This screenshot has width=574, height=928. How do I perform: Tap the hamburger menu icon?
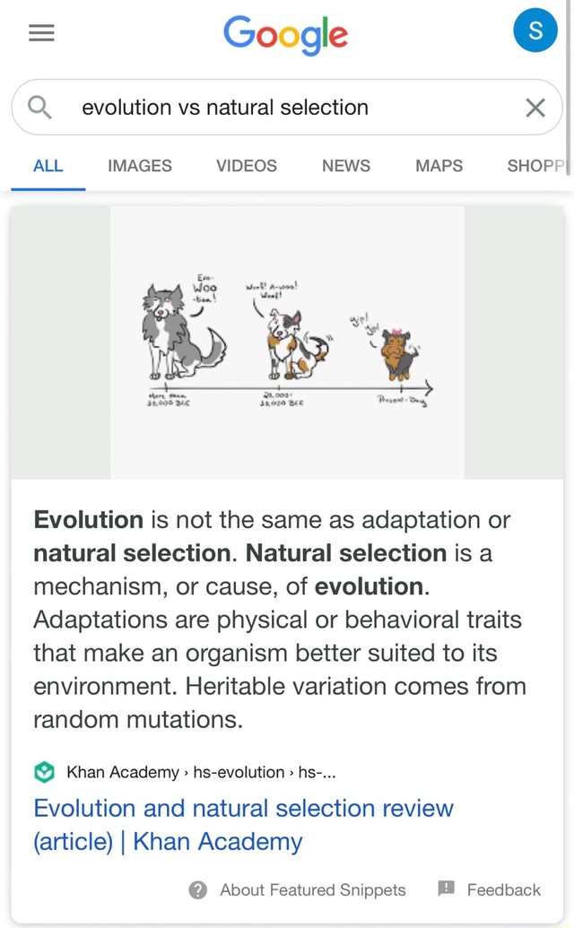pos(41,33)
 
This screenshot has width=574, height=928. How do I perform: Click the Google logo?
pos(285,34)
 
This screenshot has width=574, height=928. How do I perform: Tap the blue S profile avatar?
pos(535,31)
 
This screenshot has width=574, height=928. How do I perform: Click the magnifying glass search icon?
pos(40,108)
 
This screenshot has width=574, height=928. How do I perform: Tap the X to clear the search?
pos(535,108)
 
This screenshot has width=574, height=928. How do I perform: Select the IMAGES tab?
pos(139,166)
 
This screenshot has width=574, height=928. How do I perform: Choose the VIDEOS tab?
pos(246,166)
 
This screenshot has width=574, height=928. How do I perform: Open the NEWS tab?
pos(345,166)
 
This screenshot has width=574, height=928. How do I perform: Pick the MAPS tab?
pos(439,166)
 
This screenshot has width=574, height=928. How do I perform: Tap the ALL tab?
pos(48,166)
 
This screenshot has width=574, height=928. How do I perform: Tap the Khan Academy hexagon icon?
pos(45,772)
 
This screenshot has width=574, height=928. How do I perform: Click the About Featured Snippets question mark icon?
pos(198,889)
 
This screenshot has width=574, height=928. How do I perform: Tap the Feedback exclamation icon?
pos(446,889)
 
